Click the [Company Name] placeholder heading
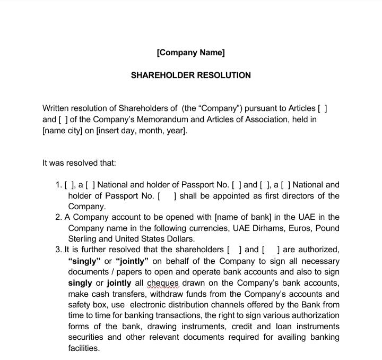click(190, 53)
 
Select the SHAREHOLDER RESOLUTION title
click(190, 75)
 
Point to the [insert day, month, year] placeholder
click(141, 131)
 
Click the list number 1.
click(58, 185)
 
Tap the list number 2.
click(58, 217)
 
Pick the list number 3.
click(58, 250)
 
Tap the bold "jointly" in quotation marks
click(132, 261)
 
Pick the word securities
click(86, 337)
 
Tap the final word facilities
click(84, 348)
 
